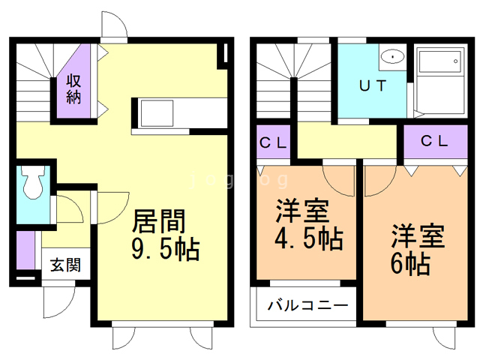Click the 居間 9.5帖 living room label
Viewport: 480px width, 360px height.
click(166, 235)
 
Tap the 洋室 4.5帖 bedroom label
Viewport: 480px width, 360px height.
click(309, 224)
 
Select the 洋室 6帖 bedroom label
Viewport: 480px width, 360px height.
click(418, 250)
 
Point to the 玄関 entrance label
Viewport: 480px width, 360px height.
click(65, 265)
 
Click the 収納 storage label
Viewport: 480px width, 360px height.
click(73, 88)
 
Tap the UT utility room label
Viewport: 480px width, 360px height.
click(373, 85)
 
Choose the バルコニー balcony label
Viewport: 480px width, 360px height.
click(307, 305)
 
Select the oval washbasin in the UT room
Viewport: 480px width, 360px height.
click(392, 57)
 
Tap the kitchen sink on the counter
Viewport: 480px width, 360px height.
click(157, 113)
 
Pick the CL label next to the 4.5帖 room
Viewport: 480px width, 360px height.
click(273, 142)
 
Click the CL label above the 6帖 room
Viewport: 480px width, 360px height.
click(434, 141)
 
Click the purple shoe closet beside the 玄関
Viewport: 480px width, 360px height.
click(25, 250)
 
